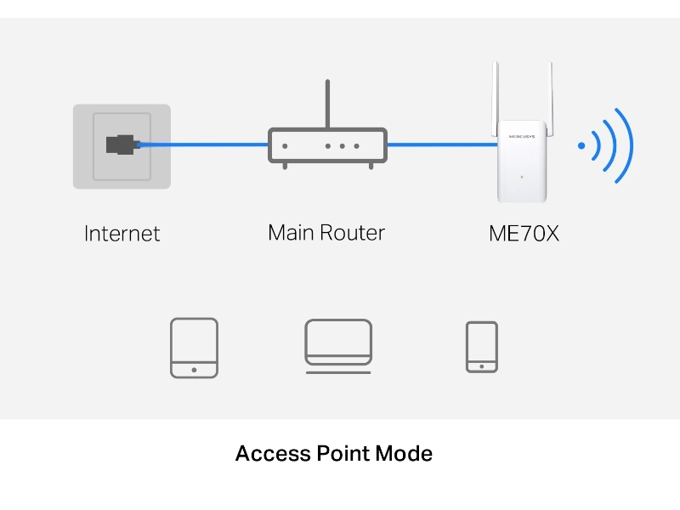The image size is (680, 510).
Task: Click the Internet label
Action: (x=122, y=233)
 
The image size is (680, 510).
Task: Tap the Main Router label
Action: (x=326, y=232)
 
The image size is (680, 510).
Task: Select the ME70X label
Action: (x=524, y=233)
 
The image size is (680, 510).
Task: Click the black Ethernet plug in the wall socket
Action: (x=120, y=144)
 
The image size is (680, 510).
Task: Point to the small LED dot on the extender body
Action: (x=523, y=177)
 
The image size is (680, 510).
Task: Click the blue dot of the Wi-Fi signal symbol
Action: (x=581, y=145)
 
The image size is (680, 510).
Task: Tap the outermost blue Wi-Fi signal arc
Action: (x=625, y=145)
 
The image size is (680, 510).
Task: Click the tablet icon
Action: (x=194, y=347)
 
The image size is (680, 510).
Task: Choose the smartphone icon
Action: (x=482, y=346)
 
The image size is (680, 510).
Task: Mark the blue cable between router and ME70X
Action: (x=442, y=144)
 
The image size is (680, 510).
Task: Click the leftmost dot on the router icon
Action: (x=285, y=145)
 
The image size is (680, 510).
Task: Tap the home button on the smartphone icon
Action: (x=482, y=366)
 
